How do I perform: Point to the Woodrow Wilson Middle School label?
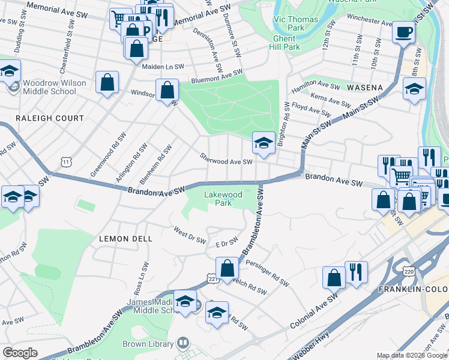tap(50, 87)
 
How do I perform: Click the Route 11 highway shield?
tap(66, 161)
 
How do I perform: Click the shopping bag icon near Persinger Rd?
tap(228, 268)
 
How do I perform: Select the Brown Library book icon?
tap(184, 344)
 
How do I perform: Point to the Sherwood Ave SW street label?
tap(226, 161)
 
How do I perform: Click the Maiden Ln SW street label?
tap(163, 67)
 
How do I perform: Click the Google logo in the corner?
tap(20, 353)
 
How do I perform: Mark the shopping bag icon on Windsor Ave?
tap(167, 90)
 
